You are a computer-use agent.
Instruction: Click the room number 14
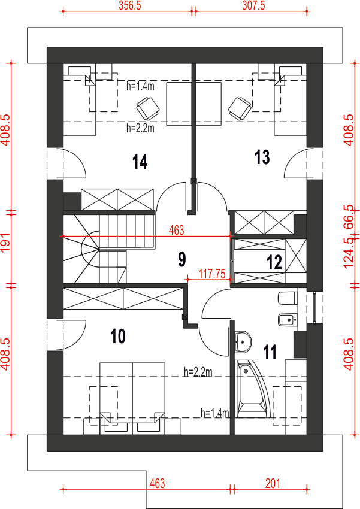point(140,162)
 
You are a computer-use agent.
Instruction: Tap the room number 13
point(262,157)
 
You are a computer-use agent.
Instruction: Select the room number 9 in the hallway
point(181,259)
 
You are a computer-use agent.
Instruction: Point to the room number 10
point(118,336)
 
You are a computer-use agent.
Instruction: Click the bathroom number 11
point(270,352)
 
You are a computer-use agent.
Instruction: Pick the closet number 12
point(274,262)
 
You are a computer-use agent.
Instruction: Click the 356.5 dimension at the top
point(129,5)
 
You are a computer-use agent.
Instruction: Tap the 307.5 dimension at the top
point(253,5)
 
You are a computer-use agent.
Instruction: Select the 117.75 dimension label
point(212,274)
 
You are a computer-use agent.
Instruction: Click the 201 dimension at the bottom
point(273,484)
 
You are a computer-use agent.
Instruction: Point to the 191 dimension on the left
point(5,242)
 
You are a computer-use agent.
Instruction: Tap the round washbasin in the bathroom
point(243,341)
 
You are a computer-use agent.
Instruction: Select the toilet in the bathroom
point(288,298)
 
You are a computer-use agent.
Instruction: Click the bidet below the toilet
point(288,320)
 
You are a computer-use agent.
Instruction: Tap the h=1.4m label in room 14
point(140,86)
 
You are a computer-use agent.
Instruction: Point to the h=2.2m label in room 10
point(198,372)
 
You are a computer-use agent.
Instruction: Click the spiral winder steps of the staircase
point(81,249)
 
